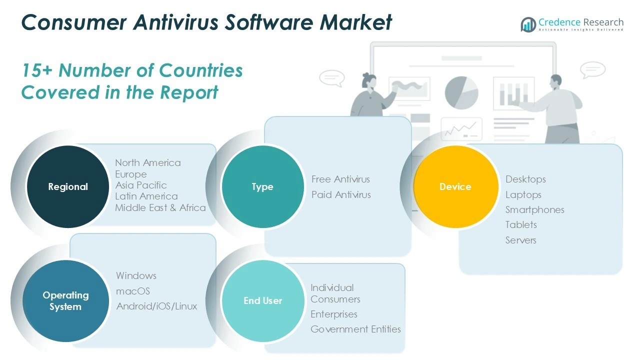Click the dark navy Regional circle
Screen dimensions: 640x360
(x=68, y=186)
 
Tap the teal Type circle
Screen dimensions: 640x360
(x=263, y=186)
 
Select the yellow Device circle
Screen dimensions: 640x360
(x=455, y=186)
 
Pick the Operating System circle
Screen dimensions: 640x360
(x=65, y=301)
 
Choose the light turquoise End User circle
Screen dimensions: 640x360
(x=263, y=301)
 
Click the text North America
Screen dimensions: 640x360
(x=148, y=162)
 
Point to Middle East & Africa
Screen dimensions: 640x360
(x=160, y=207)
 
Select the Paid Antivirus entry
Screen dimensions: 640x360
(x=341, y=194)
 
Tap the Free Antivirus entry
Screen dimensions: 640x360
(x=340, y=179)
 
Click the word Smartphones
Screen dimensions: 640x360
(x=535, y=210)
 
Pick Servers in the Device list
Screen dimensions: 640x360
(x=521, y=240)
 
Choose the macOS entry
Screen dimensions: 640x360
(x=133, y=291)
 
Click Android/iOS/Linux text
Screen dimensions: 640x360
(x=156, y=306)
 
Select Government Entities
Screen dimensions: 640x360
(x=355, y=329)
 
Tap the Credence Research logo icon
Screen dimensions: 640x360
(x=528, y=24)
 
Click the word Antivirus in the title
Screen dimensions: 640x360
(x=176, y=22)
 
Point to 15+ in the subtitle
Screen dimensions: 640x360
(x=37, y=70)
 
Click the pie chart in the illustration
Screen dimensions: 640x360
(x=461, y=93)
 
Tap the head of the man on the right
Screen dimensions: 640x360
(x=556, y=82)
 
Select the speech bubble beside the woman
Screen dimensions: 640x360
(x=332, y=78)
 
